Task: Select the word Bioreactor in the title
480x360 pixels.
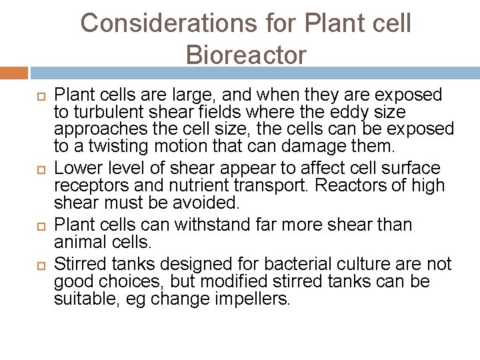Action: pyautogui.click(x=247, y=55)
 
